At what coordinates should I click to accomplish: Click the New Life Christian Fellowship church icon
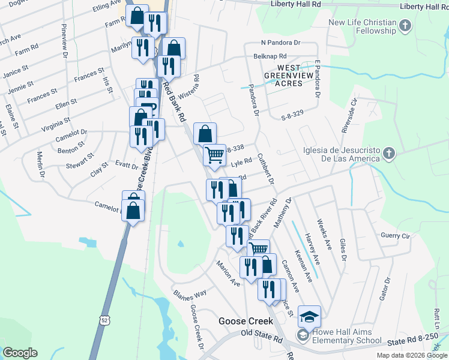(x=405, y=26)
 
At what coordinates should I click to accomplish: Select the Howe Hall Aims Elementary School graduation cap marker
(x=310, y=316)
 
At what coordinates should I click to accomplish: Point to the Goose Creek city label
(x=246, y=321)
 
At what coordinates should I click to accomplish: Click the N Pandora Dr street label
(x=280, y=43)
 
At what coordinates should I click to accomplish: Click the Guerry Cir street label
(x=394, y=236)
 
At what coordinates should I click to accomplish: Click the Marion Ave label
(x=229, y=273)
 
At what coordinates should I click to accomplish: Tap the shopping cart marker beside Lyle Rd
(x=214, y=154)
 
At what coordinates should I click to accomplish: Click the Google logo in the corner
(x=20, y=353)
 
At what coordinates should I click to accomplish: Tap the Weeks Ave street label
(x=324, y=236)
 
